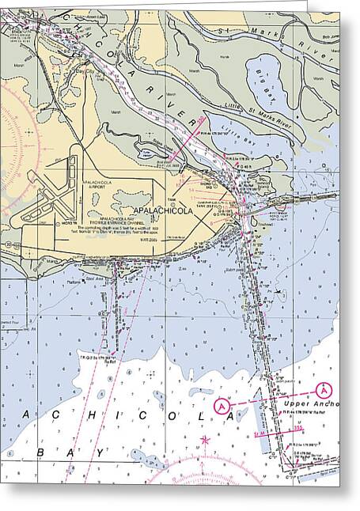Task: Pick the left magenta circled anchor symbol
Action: point(225,405)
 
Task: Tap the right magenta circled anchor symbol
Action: point(323,389)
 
